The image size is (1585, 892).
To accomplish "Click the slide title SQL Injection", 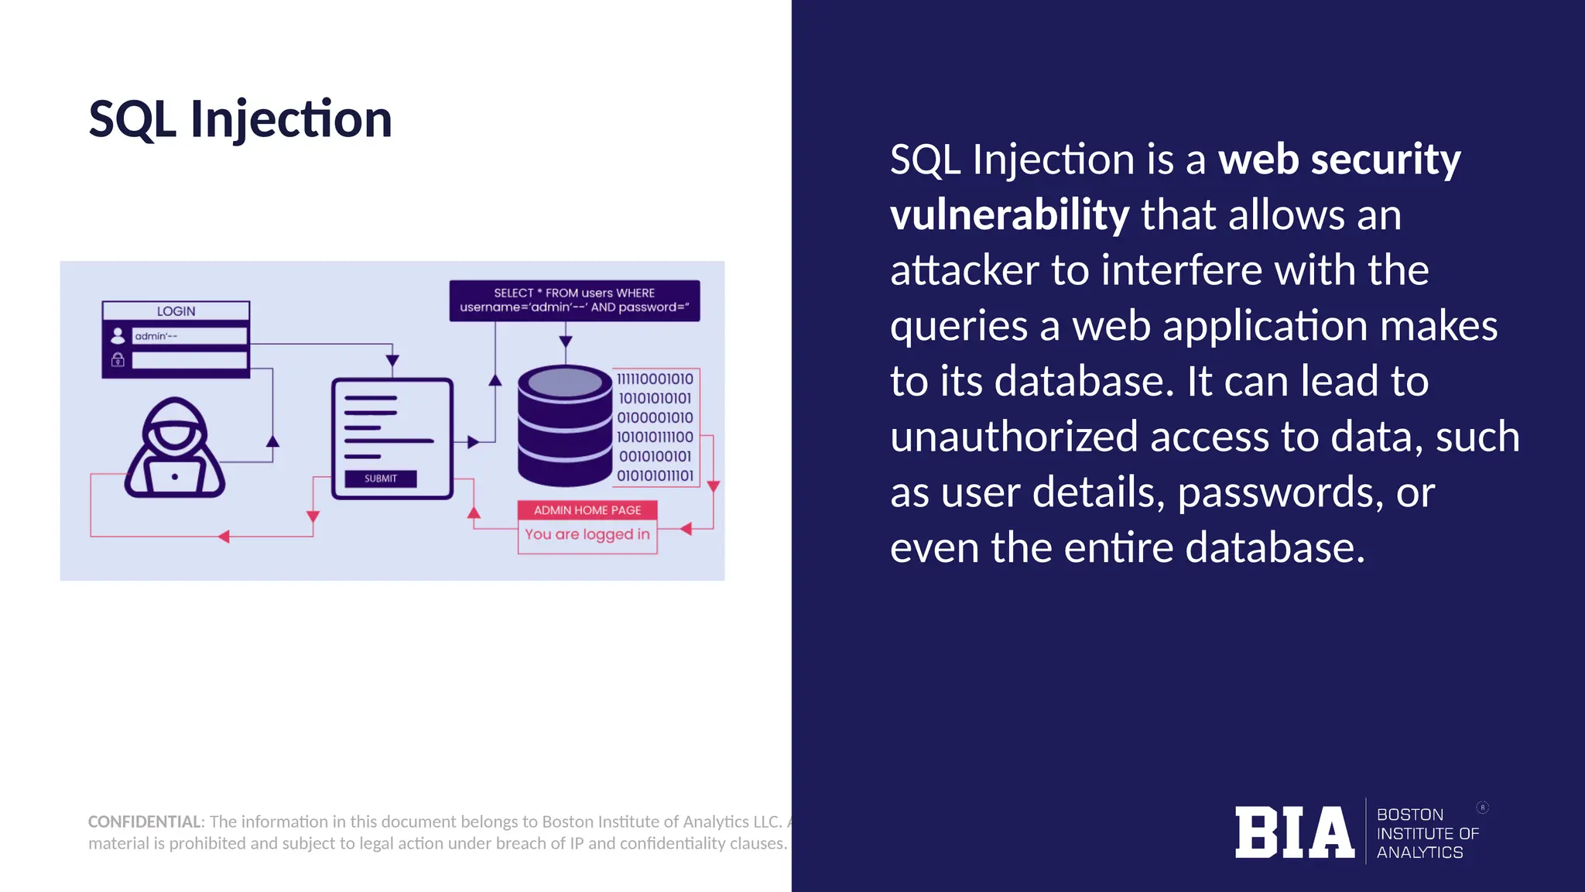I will coord(240,120).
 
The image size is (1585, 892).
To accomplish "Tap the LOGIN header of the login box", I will coord(176,311).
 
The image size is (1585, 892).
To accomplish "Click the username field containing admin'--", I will coord(189,336).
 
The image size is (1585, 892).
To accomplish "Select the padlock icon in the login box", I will coord(118,359).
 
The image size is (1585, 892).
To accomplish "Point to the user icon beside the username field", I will coord(118,335).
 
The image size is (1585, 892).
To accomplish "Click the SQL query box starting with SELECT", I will coord(574,300).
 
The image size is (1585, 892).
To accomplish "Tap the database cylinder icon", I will coord(565,426).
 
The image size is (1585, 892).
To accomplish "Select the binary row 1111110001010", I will coord(655,379).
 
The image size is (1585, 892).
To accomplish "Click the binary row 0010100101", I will coord(655,456).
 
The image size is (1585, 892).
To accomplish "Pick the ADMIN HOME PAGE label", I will coord(587,510).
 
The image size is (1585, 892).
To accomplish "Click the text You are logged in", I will coord(587,534).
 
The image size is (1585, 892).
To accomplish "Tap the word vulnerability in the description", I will coord(1009,215).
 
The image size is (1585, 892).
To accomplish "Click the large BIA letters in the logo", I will coord(1294,833).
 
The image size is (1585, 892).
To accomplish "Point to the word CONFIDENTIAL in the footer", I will coord(145,822).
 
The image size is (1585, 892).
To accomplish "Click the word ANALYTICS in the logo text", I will coord(1419,853).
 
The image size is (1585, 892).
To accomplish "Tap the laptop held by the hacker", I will coord(175,475).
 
